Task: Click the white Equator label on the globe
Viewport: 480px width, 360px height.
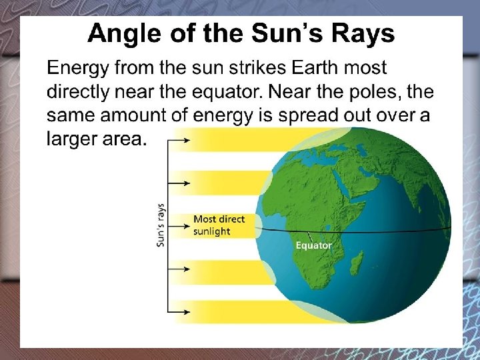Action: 313,245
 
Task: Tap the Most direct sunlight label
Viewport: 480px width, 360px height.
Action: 219,225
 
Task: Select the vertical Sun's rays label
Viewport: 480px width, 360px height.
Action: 161,225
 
